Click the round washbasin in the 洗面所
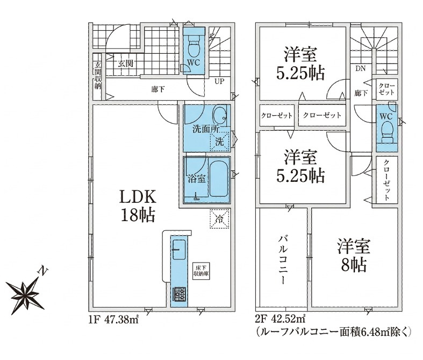click(x=220, y=115)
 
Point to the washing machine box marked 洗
click(x=219, y=142)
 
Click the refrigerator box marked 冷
click(x=220, y=219)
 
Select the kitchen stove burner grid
click(x=179, y=295)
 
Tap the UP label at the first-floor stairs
click(x=219, y=82)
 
